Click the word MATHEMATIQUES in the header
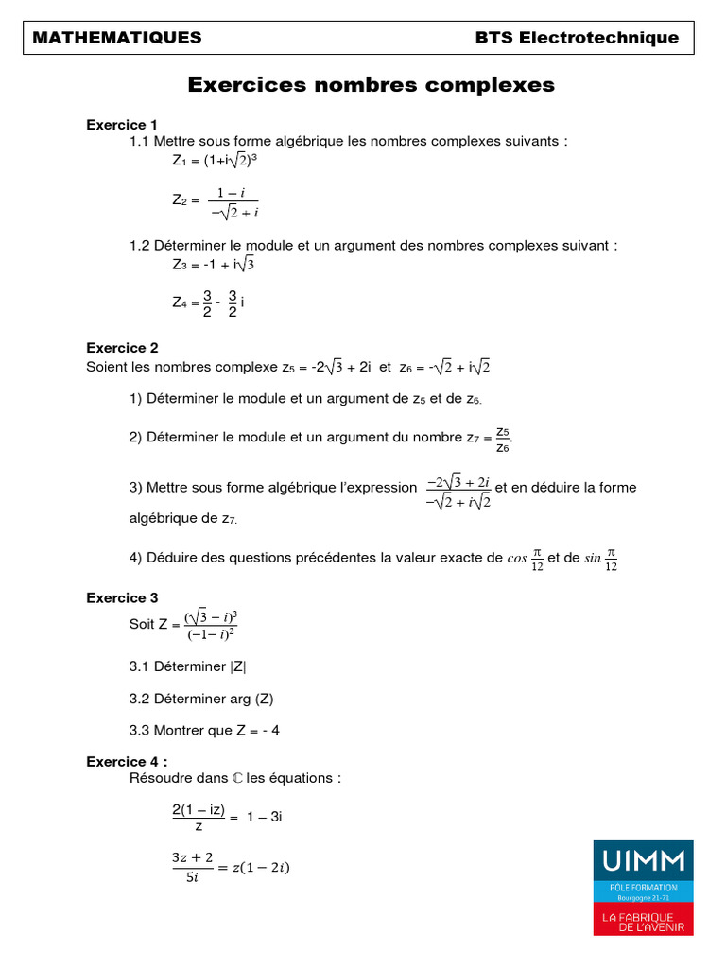117,38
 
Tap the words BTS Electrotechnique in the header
577,38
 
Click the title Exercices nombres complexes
372,85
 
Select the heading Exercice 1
122,124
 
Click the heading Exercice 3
122,597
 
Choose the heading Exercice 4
126,761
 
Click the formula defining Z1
215,161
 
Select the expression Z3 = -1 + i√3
213,265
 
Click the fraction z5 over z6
503,439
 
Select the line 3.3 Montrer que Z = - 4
204,730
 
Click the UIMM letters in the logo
643,860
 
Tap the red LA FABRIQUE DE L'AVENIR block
643,921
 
